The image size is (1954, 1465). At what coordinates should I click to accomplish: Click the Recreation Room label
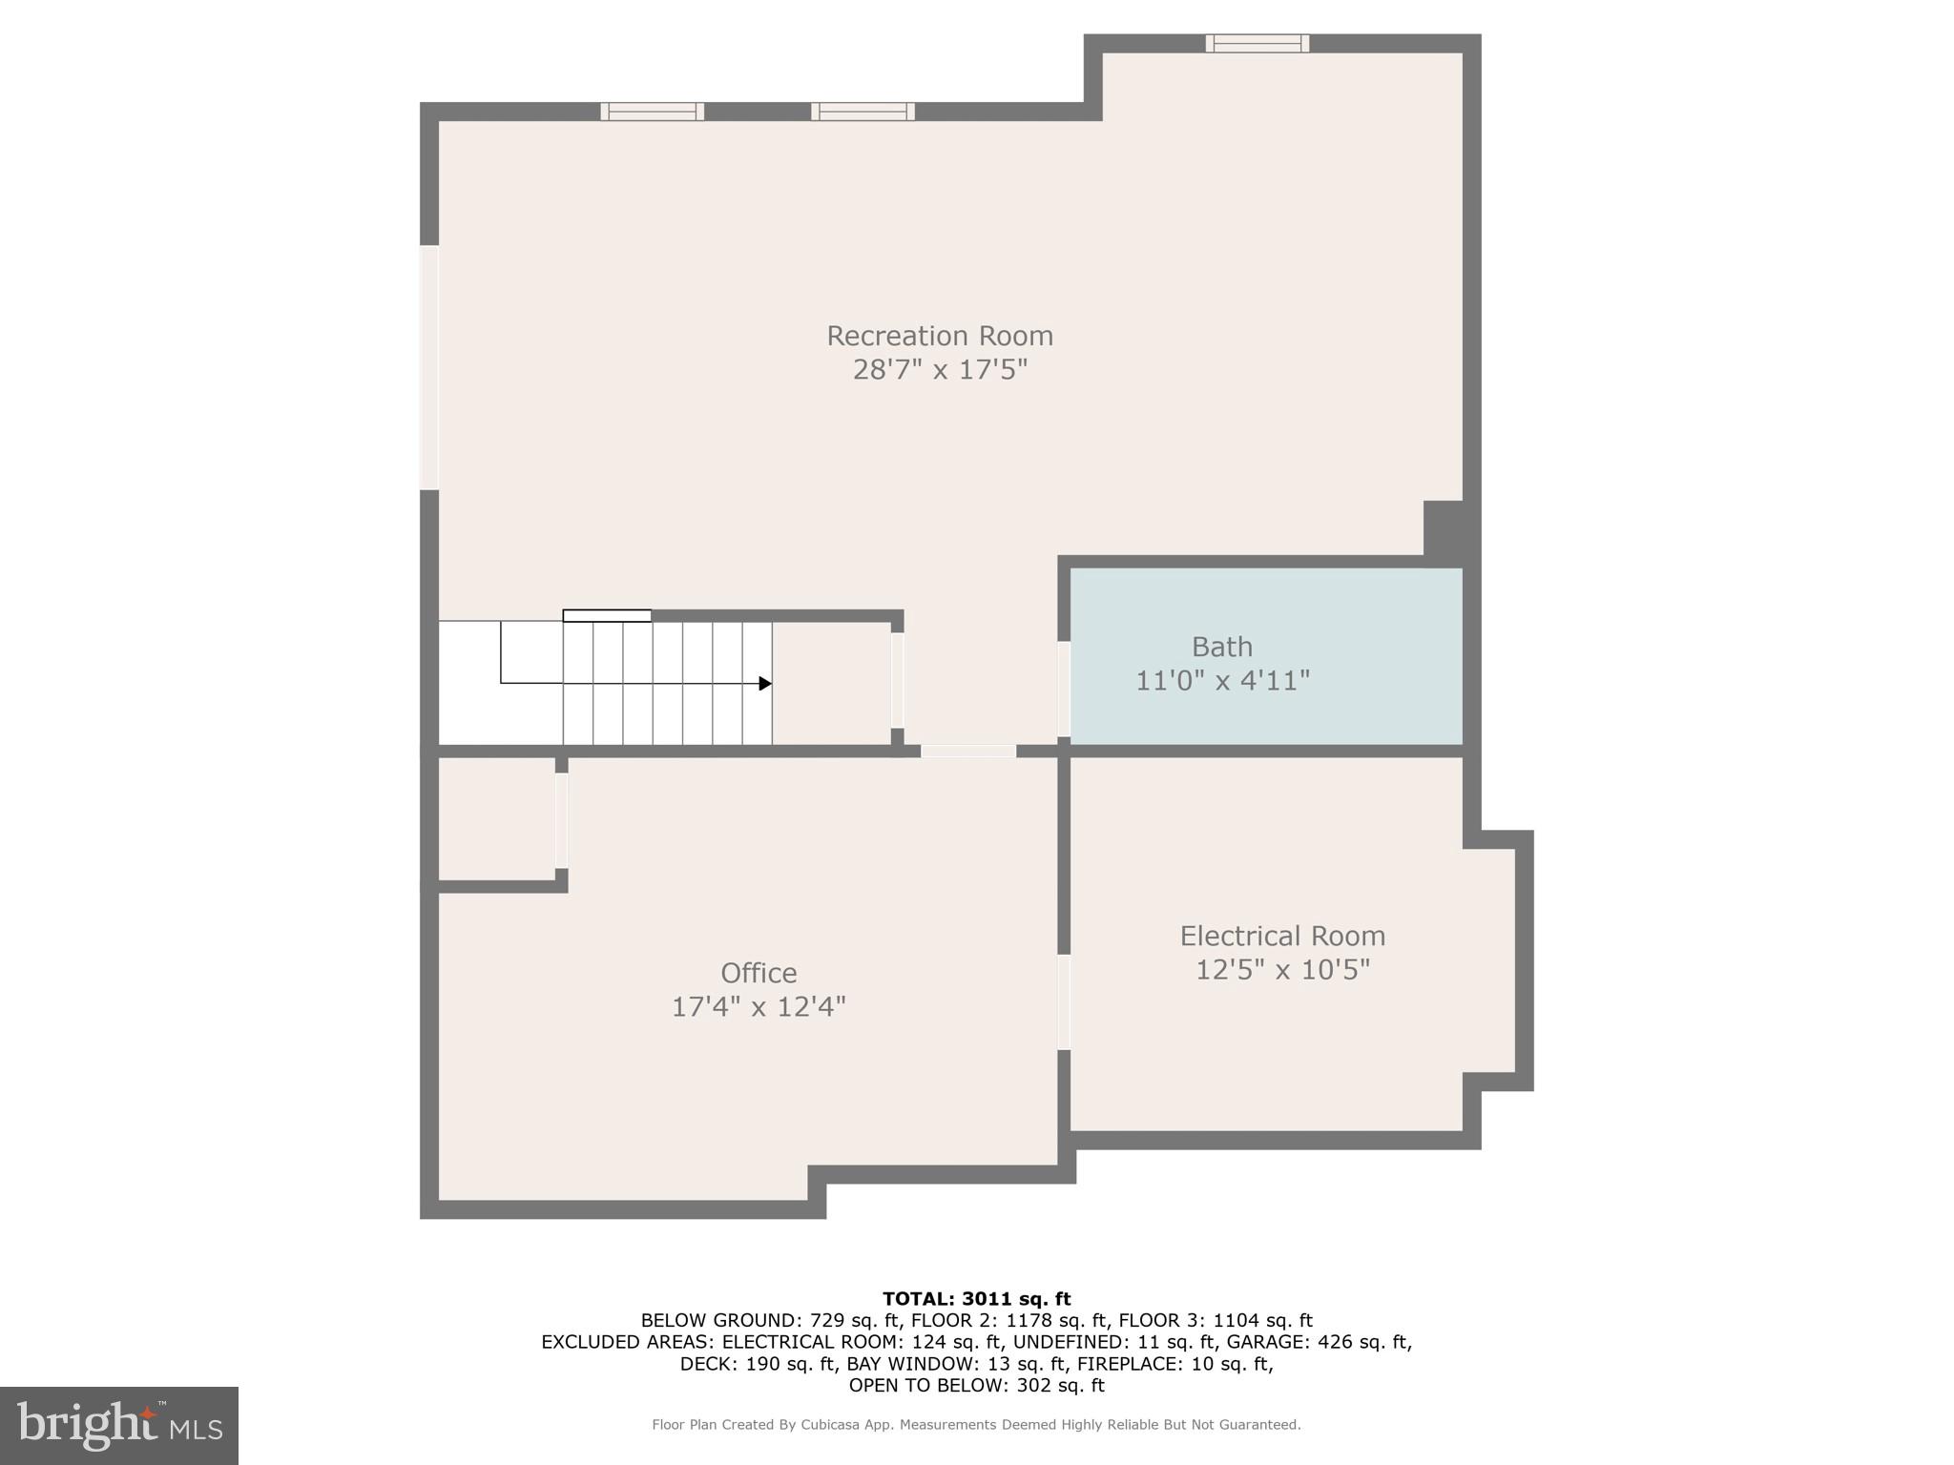939,336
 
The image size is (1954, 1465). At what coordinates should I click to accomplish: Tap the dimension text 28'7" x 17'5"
939,370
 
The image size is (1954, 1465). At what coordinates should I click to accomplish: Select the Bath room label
1221,647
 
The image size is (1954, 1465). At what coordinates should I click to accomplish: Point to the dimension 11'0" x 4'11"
1221,681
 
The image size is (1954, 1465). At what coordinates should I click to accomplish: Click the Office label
759,973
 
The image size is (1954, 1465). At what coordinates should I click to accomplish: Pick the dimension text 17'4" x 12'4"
759,1007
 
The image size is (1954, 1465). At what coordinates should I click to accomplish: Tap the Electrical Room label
1282,936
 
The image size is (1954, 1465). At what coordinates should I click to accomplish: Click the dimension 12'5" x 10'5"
1282,970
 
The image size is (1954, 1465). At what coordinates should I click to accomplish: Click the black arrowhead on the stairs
765,684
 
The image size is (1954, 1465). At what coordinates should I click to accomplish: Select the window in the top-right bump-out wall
1257,43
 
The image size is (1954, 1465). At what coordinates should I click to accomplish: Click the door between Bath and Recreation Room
1064,689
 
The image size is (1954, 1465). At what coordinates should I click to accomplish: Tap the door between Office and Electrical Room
1064,1002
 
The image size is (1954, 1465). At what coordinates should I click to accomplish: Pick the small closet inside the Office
496,818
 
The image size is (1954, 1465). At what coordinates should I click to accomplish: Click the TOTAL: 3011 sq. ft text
976,1298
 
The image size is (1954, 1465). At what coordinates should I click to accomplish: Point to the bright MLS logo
119,1425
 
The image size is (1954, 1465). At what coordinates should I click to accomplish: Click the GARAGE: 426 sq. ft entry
1317,1342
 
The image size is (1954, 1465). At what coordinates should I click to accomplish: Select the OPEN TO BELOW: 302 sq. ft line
976,1385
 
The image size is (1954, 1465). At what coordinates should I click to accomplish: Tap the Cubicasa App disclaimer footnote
976,1425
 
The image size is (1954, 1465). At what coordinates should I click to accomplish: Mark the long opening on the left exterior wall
429,368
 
